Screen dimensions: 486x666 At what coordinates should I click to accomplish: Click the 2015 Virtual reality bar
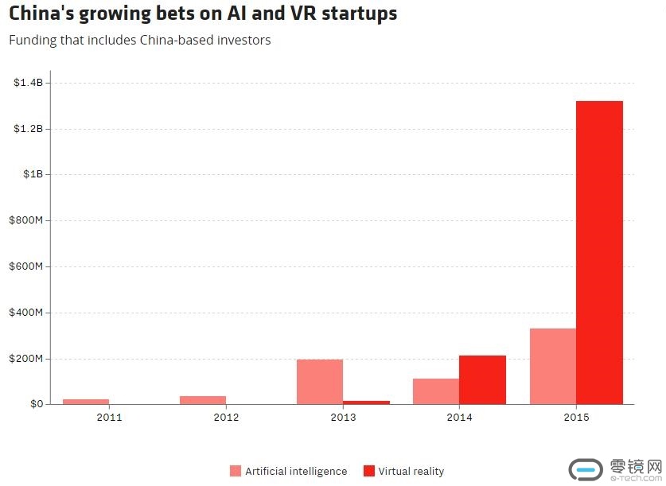[599, 252]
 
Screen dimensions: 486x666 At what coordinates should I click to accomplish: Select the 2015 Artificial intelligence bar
[553, 366]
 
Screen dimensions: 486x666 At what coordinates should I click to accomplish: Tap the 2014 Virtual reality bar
[482, 379]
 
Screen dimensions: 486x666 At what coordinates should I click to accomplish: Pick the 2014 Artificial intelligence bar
[436, 391]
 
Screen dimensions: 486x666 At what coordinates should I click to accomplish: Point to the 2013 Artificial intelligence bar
[320, 382]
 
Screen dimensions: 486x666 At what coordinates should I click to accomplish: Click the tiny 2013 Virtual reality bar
[366, 402]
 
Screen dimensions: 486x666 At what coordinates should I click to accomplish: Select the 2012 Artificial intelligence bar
[203, 400]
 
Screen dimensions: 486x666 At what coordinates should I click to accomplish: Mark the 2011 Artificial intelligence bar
[86, 402]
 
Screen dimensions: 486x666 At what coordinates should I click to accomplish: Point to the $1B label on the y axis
[33, 174]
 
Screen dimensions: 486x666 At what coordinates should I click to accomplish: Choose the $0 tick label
[36, 404]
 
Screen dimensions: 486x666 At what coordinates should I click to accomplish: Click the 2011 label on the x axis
[109, 417]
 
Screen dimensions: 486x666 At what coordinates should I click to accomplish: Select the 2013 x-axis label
[343, 417]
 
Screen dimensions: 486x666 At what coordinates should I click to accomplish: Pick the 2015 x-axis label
[576, 417]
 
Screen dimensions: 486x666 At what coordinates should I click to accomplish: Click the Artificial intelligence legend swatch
[236, 471]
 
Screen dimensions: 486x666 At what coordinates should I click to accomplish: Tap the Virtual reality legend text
[411, 471]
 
